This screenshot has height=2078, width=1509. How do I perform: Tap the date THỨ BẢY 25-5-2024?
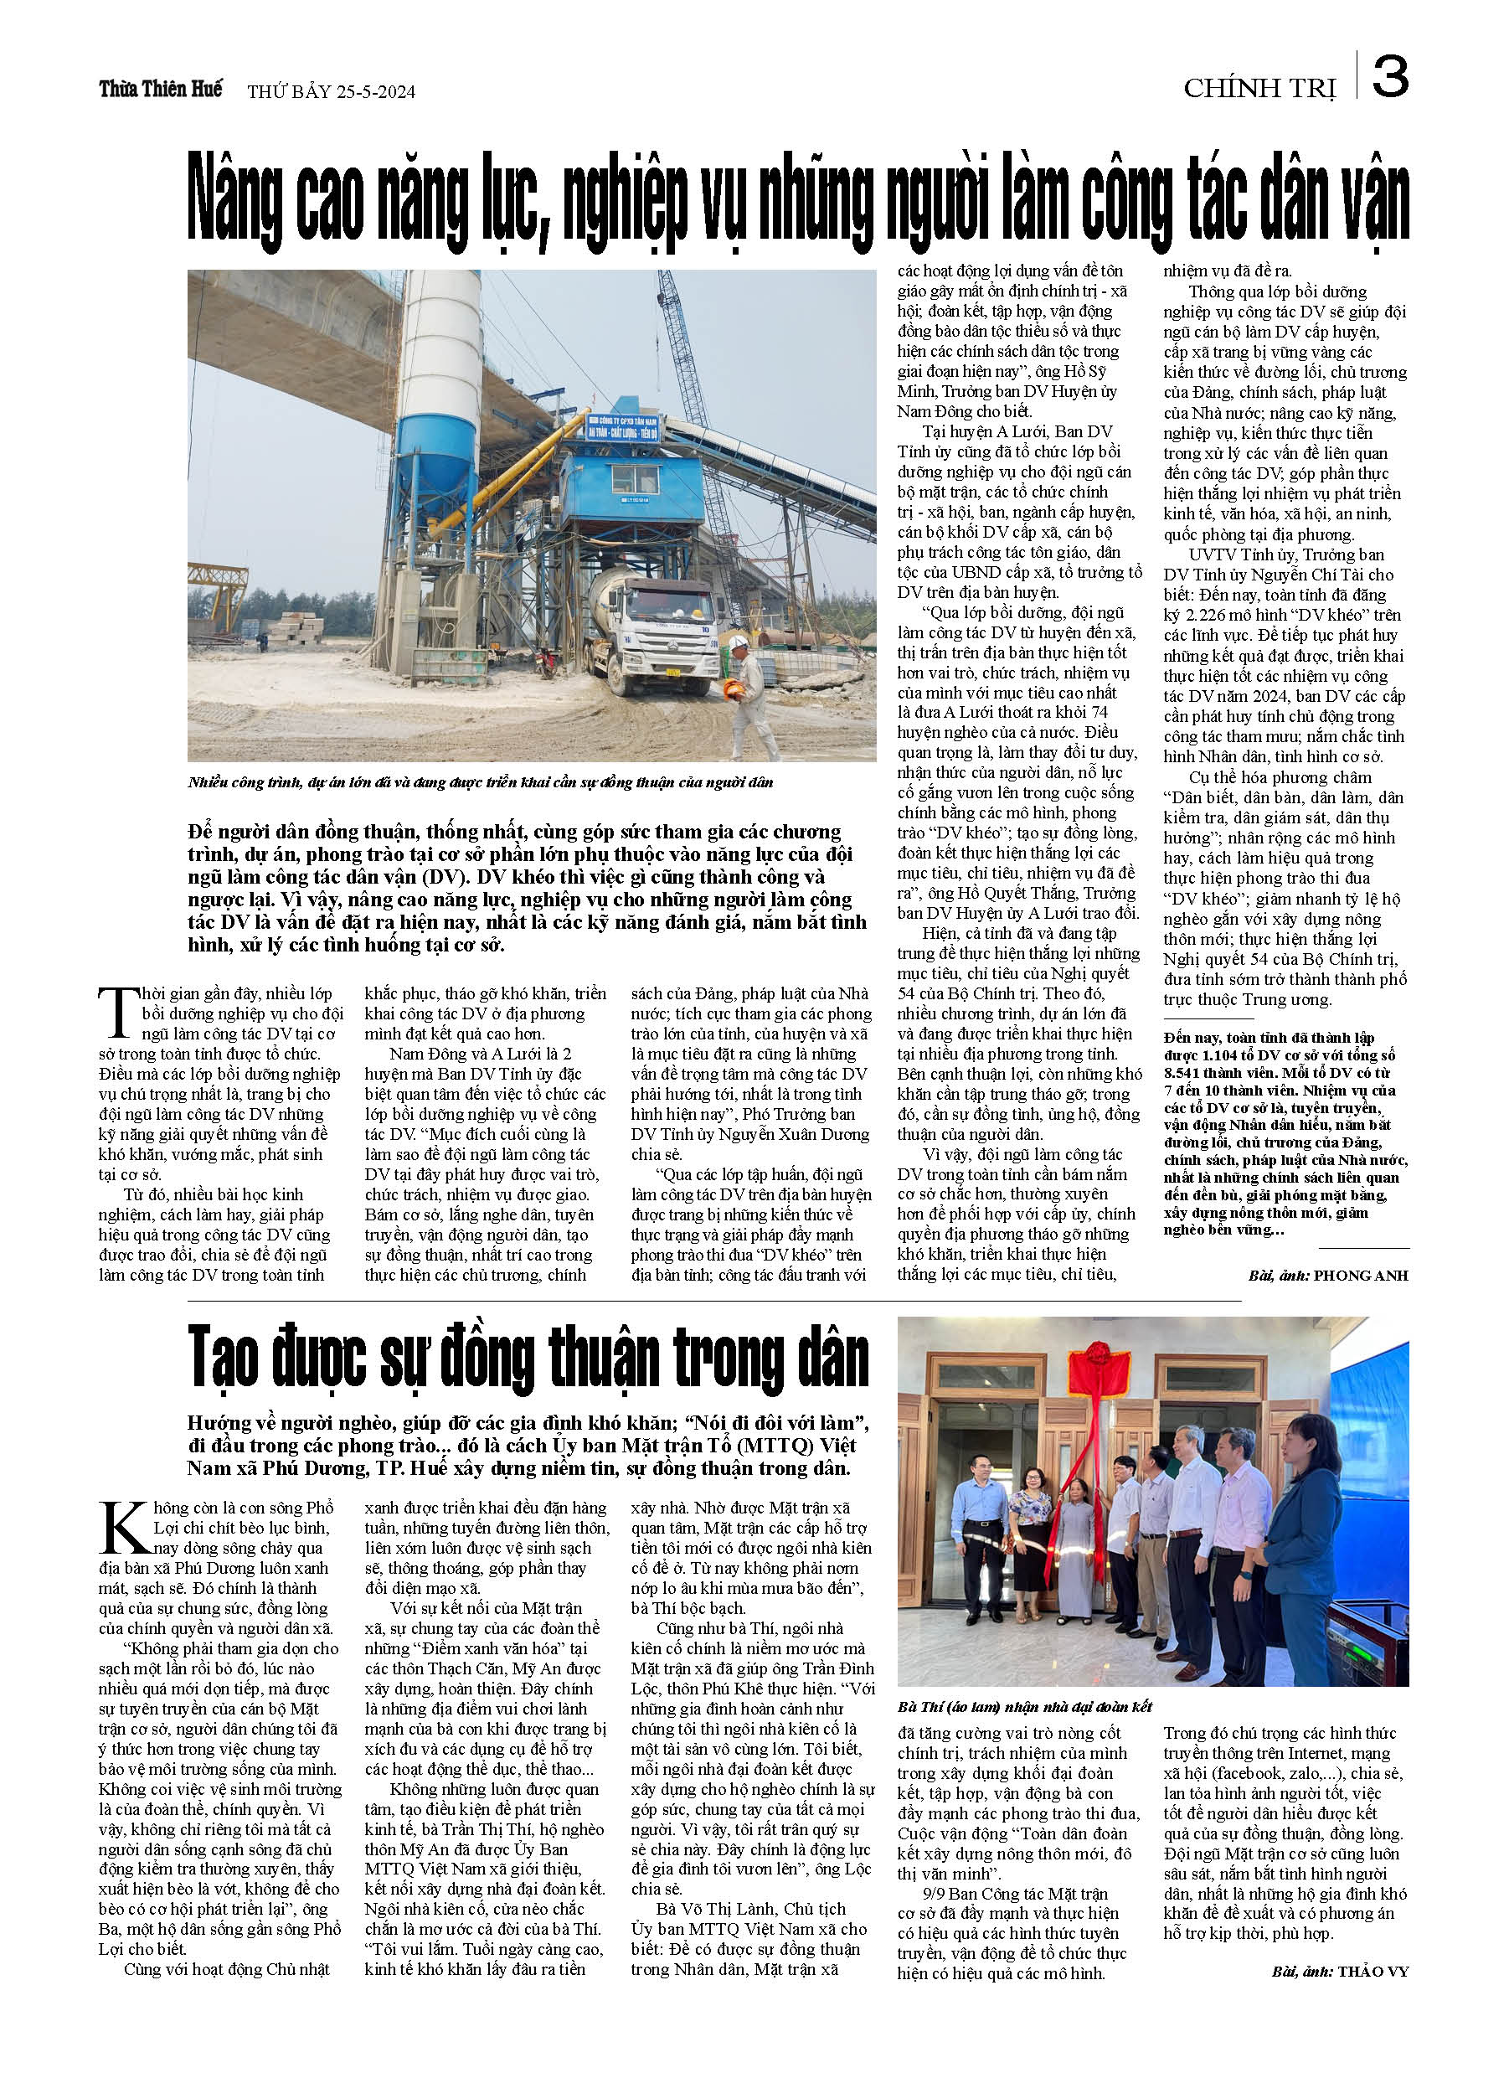[331, 91]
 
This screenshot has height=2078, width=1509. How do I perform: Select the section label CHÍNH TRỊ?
[1259, 89]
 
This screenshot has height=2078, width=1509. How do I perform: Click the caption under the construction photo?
[480, 782]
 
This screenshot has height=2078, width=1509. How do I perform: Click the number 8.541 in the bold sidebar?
[1188, 1072]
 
